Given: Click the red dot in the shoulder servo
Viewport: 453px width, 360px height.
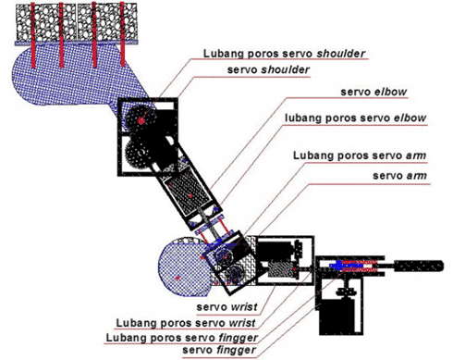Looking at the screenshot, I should (x=141, y=120).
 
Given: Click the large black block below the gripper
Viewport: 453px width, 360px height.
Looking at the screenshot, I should (x=341, y=317).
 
